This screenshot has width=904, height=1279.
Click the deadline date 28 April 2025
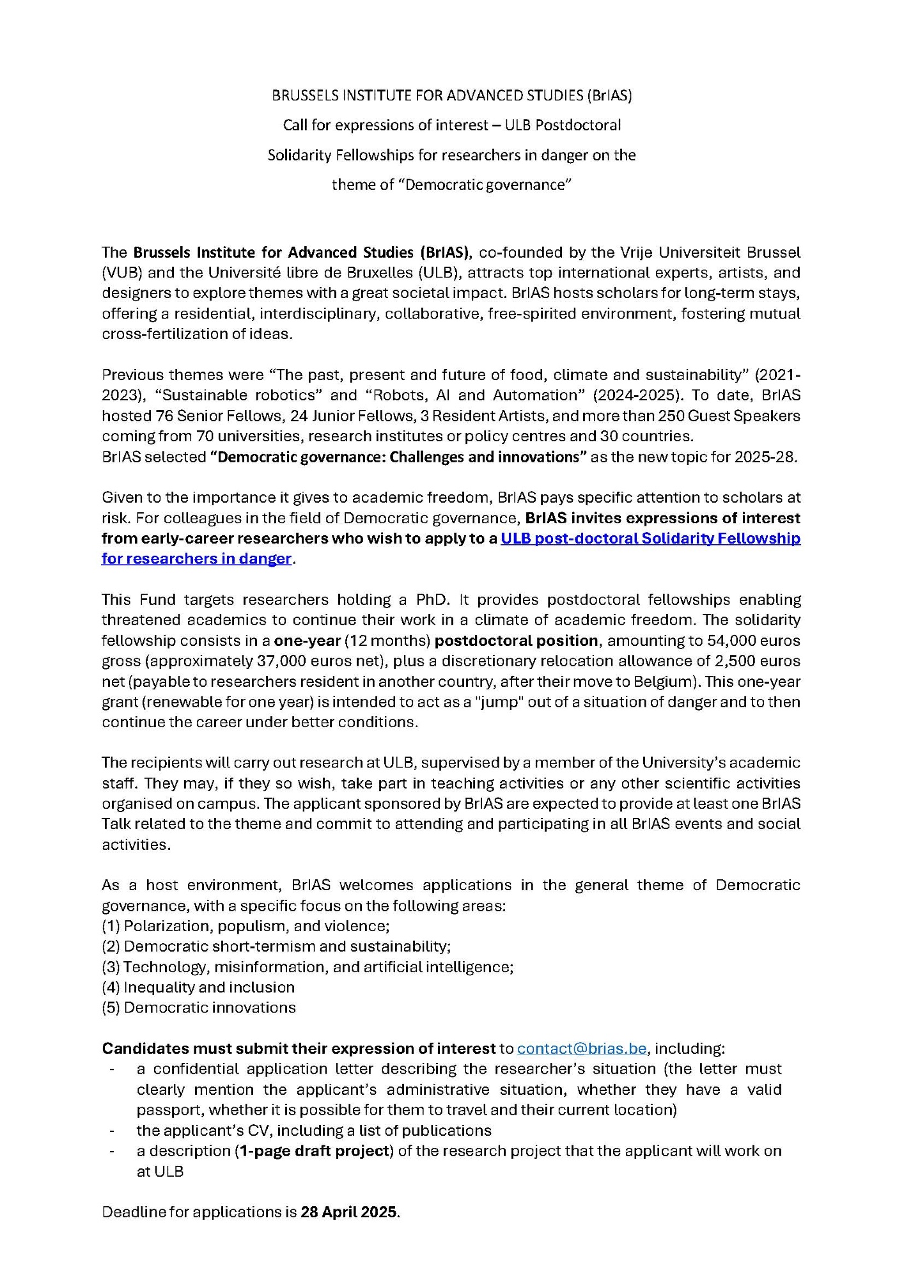pyautogui.click(x=349, y=1212)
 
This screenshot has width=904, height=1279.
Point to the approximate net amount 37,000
pyautogui.click(x=258, y=661)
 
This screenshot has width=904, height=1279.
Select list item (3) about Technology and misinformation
pyautogui.click(x=308, y=967)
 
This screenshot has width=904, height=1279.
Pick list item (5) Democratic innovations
pyautogui.click(x=199, y=1008)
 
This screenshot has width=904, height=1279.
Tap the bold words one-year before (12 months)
pyautogui.click(x=307, y=640)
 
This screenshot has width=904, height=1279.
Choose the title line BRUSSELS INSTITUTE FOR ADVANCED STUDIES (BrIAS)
pyautogui.click(x=451, y=95)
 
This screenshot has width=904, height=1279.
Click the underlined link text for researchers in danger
pyautogui.click(x=196, y=559)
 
